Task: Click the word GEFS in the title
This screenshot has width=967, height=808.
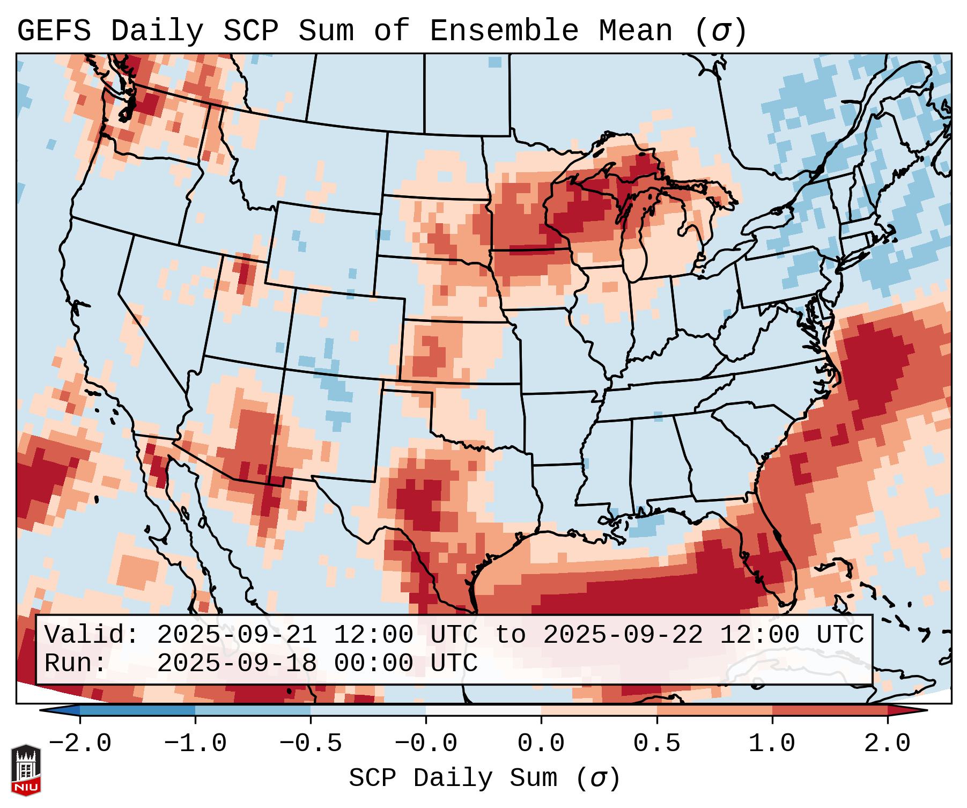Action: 54,31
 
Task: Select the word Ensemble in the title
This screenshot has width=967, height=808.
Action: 504,31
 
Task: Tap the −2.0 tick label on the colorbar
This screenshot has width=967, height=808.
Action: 80,744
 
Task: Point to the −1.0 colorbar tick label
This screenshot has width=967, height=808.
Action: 195,744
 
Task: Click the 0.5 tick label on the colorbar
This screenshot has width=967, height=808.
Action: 656,744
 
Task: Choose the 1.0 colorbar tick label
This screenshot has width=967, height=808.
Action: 772,744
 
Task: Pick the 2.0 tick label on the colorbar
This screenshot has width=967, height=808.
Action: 887,744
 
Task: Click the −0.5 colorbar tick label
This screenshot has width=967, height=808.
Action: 311,744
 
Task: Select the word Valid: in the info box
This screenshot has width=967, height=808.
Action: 92,635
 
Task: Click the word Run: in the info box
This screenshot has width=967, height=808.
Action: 76,663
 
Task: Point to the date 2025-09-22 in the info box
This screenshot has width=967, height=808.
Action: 623,635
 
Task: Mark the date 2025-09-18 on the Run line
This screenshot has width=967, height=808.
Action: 237,663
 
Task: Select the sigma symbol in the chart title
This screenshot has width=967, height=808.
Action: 720,31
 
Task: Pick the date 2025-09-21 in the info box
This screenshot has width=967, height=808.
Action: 237,635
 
